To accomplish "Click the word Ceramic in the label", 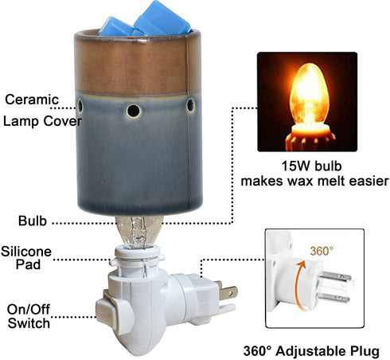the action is (32, 100).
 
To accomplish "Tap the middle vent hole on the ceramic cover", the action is (134, 111).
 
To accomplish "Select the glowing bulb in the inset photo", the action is (310, 97).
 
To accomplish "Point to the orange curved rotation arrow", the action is (298, 284).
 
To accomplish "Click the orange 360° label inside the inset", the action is (322, 251).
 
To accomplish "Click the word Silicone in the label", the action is (26, 252).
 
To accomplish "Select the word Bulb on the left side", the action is (33, 221).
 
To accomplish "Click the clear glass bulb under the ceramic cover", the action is (138, 232).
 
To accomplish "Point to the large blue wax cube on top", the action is (162, 18).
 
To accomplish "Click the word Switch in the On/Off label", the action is (29, 323).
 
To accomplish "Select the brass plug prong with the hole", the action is (228, 292).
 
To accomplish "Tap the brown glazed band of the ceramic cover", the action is (137, 66).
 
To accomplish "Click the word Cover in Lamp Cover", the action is (63, 121).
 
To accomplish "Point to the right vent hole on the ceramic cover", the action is (191, 105).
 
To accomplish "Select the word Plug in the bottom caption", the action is (365, 351).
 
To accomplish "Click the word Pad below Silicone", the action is (28, 264).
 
